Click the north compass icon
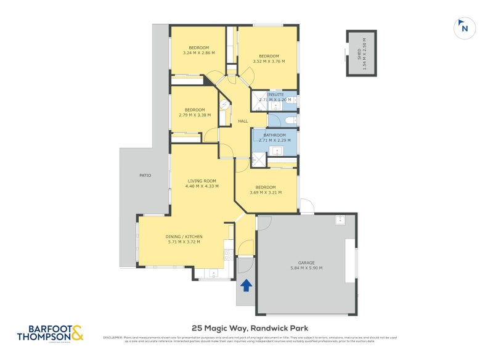[465, 28]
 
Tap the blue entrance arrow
[246, 285]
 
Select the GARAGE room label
[306, 263]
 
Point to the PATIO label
[145, 176]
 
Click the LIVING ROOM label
[203, 181]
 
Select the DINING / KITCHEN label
[184, 237]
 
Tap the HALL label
[234, 121]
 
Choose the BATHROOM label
[275, 135]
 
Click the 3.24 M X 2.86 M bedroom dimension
[198, 53]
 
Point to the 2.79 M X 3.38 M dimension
[195, 115]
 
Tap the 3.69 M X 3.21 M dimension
[266, 192]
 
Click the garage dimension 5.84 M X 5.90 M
[306, 268]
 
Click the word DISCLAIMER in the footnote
[113, 337]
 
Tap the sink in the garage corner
[340, 219]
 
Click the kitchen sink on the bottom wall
[214, 273]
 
